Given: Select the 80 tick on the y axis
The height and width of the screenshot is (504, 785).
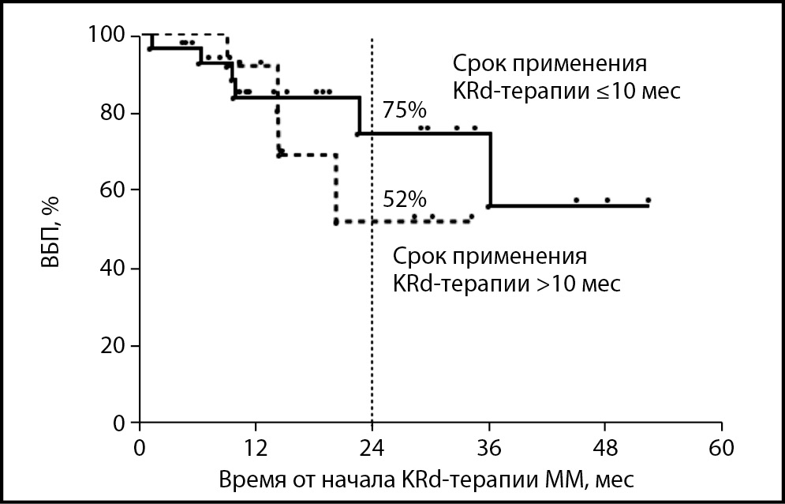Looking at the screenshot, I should tap(116, 113).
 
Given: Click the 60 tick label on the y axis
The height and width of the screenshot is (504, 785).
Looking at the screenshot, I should tap(116, 190).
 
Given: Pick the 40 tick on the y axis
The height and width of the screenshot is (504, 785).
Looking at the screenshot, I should tap(116, 269).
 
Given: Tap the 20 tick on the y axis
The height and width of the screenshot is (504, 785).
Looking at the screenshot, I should tap(116, 346).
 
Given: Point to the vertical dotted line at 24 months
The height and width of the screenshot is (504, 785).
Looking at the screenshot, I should tap(372, 316).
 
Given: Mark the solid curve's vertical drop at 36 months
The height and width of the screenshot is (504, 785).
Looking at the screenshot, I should tap(491, 170).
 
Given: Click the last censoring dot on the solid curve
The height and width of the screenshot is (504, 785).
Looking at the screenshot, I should tap(648, 200).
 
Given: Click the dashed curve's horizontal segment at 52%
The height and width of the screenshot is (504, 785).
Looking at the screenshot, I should tap(394, 222).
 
